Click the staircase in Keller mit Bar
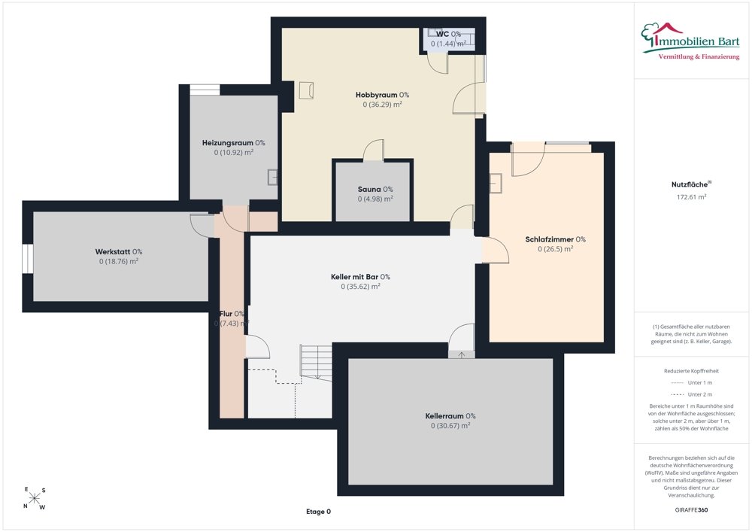coord(316,362)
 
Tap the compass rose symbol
coord(35,498)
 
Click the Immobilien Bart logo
coord(690,41)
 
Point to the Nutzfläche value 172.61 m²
coord(691,196)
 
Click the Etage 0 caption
coord(318,512)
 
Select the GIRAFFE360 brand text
coord(691,509)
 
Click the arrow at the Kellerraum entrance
coord(462,355)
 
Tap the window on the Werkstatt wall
coord(28,259)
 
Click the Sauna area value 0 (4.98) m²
coord(375,199)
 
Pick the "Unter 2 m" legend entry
coord(691,394)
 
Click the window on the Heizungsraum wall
coord(205,90)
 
